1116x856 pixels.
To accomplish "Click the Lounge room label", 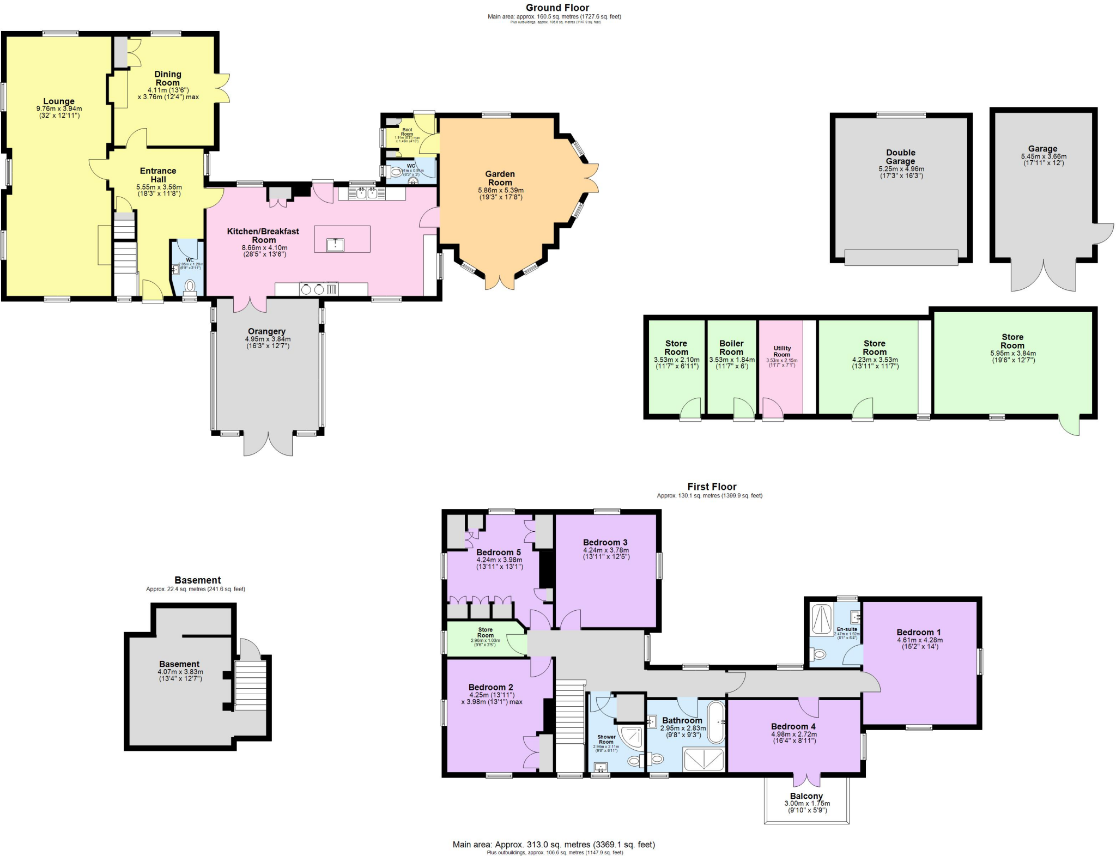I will click(59, 101).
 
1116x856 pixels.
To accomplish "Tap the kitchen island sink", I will click(335, 245).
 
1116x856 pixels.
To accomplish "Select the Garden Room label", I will click(500, 178).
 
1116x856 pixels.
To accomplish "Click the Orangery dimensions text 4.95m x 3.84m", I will click(268, 339).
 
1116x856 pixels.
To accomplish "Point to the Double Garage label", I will click(900, 157).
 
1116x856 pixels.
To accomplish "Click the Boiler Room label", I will click(731, 348).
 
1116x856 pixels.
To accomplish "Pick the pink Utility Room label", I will click(782, 351).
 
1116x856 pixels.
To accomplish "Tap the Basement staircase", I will click(250, 685).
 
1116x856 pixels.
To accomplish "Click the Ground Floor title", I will click(557, 8).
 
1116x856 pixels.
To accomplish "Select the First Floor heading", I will click(712, 487).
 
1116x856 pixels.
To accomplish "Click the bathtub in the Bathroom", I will click(716, 723).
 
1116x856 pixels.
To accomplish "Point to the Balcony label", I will click(806, 796).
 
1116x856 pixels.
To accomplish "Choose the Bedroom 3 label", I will click(605, 542).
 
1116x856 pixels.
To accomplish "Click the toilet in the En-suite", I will click(818, 654).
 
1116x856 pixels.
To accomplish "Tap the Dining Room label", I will click(168, 78).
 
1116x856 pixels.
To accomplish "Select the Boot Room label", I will click(407, 132).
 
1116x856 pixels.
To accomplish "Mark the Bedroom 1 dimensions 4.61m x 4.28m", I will click(919, 640).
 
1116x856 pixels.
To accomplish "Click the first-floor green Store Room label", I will click(486, 632).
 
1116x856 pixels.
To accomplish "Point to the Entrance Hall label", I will click(158, 175).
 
